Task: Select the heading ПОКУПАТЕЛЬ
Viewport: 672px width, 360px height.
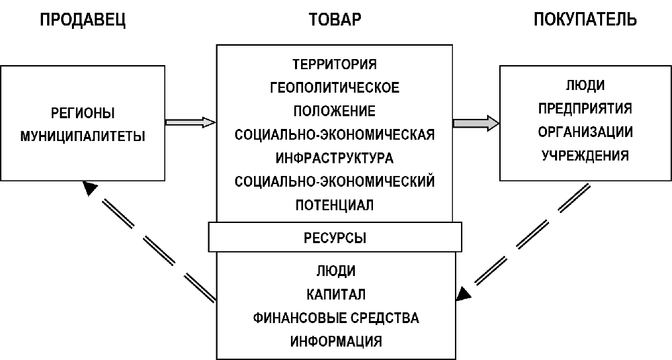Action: click(x=585, y=19)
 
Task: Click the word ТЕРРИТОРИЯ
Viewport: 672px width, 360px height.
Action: click(x=335, y=65)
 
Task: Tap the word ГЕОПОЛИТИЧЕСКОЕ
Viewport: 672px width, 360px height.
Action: click(x=335, y=88)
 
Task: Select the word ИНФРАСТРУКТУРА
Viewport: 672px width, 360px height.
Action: click(x=335, y=158)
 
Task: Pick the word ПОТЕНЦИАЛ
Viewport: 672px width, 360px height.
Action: click(x=335, y=204)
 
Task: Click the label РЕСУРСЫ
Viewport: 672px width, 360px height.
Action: click(x=335, y=237)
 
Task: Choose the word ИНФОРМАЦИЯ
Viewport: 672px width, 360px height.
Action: click(x=336, y=341)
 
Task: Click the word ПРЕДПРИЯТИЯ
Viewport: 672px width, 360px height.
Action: click(x=585, y=108)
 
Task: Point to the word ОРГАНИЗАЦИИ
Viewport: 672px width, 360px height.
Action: click(x=585, y=132)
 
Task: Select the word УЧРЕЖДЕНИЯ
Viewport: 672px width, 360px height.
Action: click(x=585, y=155)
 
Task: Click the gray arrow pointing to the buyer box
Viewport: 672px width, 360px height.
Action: click(x=476, y=123)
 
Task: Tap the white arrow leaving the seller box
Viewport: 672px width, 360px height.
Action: click(x=190, y=122)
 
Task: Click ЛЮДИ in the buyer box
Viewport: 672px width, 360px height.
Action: click(x=585, y=85)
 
